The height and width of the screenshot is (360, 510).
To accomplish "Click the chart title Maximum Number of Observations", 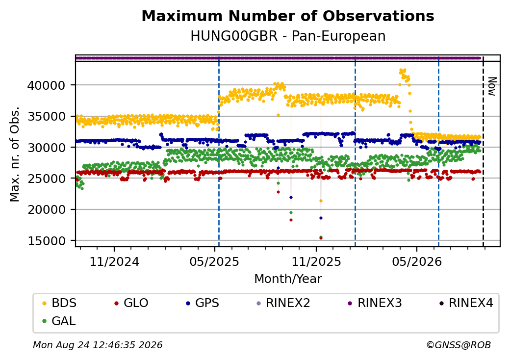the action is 288,16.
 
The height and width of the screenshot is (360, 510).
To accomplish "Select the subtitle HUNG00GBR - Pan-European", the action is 288,36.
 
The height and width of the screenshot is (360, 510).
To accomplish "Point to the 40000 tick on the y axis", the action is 47,85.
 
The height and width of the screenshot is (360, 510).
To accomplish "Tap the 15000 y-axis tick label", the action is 47,241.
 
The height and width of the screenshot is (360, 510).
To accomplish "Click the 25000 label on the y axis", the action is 47,179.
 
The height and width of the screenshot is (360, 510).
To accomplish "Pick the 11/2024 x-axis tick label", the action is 114,262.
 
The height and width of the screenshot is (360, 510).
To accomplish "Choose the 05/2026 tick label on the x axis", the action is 417,262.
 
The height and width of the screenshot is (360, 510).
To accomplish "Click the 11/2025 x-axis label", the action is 316,262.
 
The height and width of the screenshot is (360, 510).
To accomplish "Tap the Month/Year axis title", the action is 288,279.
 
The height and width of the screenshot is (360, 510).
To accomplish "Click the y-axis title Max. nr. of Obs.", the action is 15,154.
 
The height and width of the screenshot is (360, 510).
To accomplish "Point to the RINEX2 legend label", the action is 288,303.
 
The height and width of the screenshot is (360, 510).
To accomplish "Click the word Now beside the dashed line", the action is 492,86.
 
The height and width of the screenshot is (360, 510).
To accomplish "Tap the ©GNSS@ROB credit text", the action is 459,345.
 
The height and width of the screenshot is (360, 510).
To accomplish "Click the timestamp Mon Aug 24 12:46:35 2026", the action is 98,345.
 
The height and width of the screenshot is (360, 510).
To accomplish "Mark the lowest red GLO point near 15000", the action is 321,238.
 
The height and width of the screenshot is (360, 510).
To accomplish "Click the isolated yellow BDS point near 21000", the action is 321,201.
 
